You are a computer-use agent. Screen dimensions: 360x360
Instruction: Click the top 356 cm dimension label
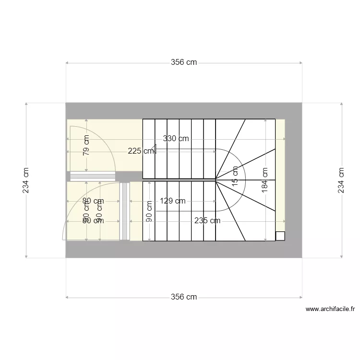[184, 62]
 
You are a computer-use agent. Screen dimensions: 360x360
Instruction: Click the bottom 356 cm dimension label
[184, 297]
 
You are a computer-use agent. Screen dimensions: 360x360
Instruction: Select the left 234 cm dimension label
[26, 180]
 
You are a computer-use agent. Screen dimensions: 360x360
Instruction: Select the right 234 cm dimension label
[341, 180]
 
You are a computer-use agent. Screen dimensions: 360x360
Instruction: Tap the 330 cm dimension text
[176, 138]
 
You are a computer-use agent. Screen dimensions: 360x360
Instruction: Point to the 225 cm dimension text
[141, 151]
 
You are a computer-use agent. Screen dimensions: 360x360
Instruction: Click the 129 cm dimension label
[172, 201]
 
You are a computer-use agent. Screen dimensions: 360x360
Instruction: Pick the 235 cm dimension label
[207, 221]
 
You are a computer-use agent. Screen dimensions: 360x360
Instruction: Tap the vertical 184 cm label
[264, 180]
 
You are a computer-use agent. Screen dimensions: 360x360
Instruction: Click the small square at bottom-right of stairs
[280, 236]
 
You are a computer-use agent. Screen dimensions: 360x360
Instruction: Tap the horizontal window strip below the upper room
[93, 176]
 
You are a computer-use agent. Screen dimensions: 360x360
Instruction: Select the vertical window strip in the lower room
[125, 211]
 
